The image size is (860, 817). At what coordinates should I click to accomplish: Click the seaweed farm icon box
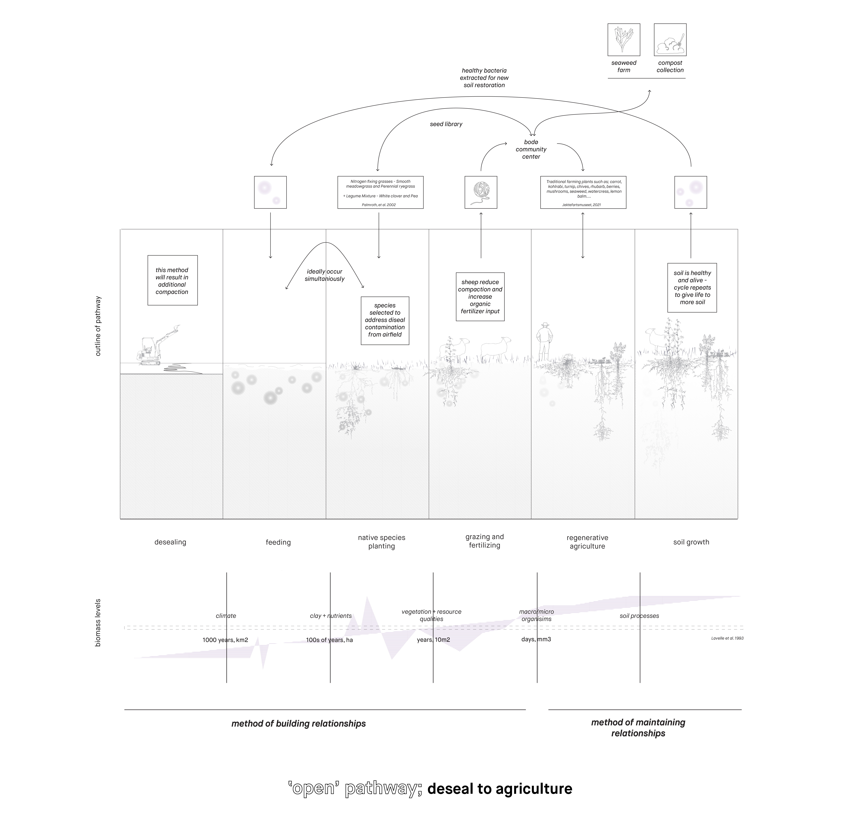coord(624,40)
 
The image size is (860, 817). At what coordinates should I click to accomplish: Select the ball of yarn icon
coord(481,192)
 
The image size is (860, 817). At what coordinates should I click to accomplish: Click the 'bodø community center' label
coord(531,149)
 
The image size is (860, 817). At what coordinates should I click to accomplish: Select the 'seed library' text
coord(446,124)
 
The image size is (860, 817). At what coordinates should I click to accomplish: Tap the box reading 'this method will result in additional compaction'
coord(172,280)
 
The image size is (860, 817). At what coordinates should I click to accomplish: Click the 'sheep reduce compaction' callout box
coord(480,297)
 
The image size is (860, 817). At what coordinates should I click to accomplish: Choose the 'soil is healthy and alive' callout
coord(692,287)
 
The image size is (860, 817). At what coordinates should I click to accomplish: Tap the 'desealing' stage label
coord(170,542)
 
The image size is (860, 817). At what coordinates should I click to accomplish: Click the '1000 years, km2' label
coord(225,640)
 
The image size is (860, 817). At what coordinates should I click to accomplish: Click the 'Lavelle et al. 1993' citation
coord(727,638)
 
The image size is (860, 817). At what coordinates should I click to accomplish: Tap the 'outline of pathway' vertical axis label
coord(98,326)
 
